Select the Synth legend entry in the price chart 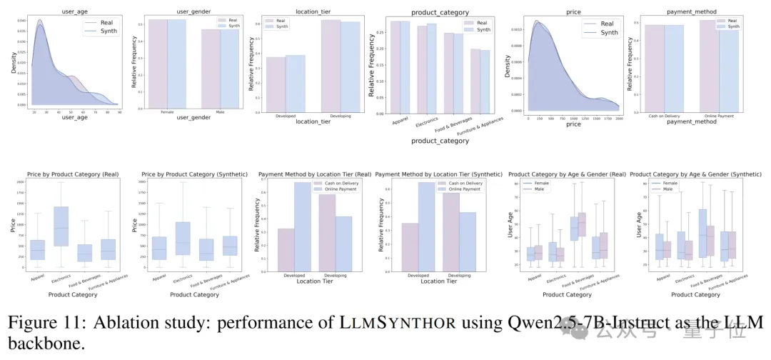[x=609, y=32]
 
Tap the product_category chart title [x=440, y=12]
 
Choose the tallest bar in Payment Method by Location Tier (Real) [x=303, y=225]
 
